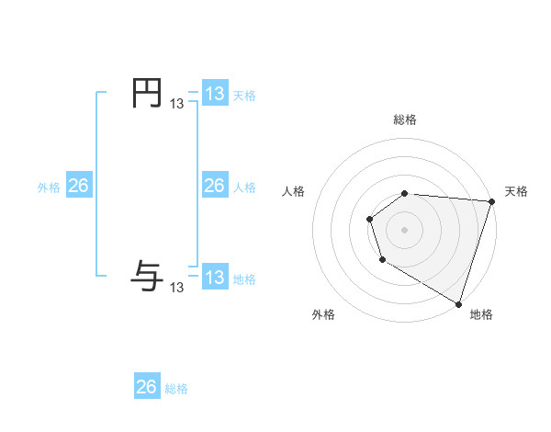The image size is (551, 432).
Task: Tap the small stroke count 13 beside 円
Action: tap(176, 105)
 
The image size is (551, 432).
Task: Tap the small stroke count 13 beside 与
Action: tap(176, 288)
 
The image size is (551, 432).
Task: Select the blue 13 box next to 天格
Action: tap(214, 94)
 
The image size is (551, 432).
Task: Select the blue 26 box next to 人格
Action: tap(214, 186)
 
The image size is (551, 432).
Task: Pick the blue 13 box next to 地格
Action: tap(214, 278)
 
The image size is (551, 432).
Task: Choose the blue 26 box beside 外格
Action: tap(78, 186)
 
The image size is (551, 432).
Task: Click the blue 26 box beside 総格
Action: tap(147, 387)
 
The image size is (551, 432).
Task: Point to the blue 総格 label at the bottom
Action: tap(176, 389)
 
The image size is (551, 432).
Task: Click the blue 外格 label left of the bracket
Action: tap(49, 188)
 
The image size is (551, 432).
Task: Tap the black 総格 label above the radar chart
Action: tap(405, 119)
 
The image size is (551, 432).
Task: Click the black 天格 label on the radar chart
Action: tap(516, 191)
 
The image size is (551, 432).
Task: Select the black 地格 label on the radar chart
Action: tap(481, 314)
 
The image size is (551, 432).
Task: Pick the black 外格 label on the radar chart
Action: tap(323, 314)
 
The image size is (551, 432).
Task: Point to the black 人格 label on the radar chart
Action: tap(293, 191)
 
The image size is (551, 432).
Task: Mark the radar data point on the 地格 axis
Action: tap(458, 302)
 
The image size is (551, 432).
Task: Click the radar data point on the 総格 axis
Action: tap(405, 193)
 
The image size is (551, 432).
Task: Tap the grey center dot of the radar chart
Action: tap(405, 229)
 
